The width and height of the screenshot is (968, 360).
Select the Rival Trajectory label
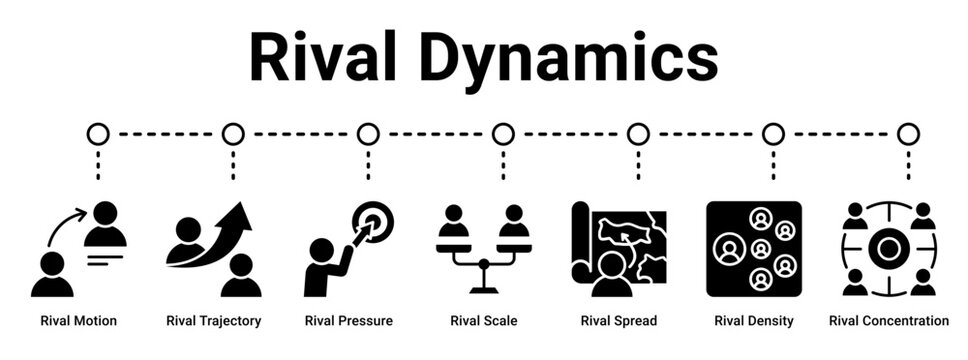pos(214,321)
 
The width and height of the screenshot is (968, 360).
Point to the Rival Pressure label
pos(348,321)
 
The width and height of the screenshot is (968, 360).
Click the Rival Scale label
pos(484,321)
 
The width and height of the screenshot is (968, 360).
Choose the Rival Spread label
pos(619,321)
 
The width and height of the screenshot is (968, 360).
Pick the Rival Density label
pos(754,321)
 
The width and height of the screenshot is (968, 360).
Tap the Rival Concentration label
pos(889,321)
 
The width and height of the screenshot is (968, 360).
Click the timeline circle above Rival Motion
pos(98,133)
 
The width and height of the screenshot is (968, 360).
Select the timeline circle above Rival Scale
pos(503,133)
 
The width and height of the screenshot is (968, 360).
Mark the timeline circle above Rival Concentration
pos(908,133)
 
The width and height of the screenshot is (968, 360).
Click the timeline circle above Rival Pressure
pos(368,133)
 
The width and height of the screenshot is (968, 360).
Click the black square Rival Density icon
pos(754,249)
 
